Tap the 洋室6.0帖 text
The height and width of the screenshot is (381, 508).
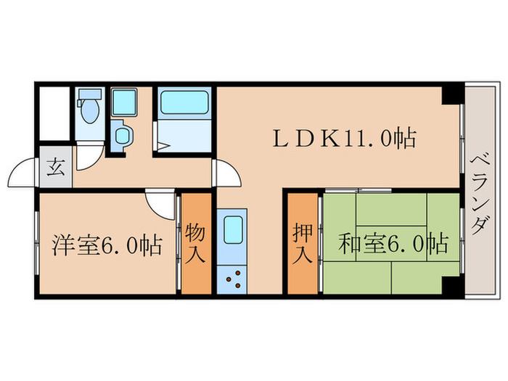tap(107, 245)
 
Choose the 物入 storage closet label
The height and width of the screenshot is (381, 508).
tap(196, 244)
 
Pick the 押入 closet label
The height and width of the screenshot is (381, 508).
tap(303, 244)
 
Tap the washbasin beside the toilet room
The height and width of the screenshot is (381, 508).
tap(120, 136)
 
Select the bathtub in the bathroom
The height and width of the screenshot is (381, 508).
tap(184, 103)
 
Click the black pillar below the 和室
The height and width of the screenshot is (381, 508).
tap(453, 286)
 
